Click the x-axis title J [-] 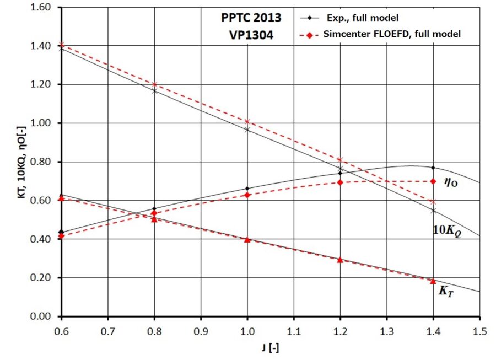click(x=270, y=348)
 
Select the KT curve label click(x=446, y=292)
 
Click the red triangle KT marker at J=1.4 click(x=433, y=281)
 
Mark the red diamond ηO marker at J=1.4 click(x=433, y=181)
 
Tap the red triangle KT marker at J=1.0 click(x=247, y=239)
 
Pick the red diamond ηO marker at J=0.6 click(x=61, y=236)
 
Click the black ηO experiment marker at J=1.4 click(x=433, y=168)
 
